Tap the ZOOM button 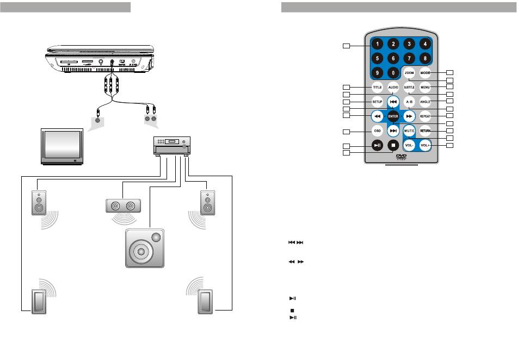409,73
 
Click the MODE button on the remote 426,73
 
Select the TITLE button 377,87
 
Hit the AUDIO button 393,87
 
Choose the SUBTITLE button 409,87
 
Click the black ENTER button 393,116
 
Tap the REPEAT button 426,116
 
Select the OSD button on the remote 377,131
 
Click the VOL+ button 426,145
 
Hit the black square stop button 393,145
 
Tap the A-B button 409,102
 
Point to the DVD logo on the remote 402,157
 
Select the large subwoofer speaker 144,247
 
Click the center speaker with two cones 122,206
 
